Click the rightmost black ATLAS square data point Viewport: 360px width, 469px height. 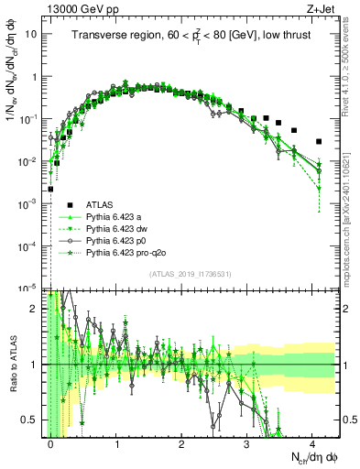coord(318,142)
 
